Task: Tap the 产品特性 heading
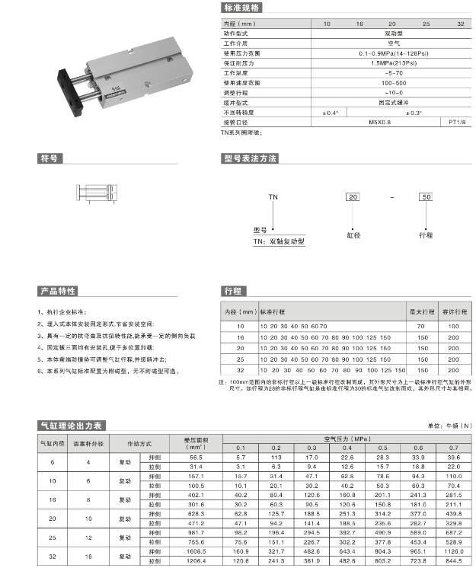click(x=58, y=291)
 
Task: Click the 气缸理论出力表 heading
click(x=70, y=425)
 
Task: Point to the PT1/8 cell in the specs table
click(x=458, y=121)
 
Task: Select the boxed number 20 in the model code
click(x=353, y=196)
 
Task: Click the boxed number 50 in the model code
click(x=426, y=196)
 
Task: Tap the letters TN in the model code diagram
click(x=273, y=196)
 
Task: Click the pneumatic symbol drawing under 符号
click(x=96, y=193)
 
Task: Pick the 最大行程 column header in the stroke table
click(x=421, y=312)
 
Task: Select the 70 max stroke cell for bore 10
click(x=421, y=325)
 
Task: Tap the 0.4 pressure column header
click(x=347, y=448)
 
